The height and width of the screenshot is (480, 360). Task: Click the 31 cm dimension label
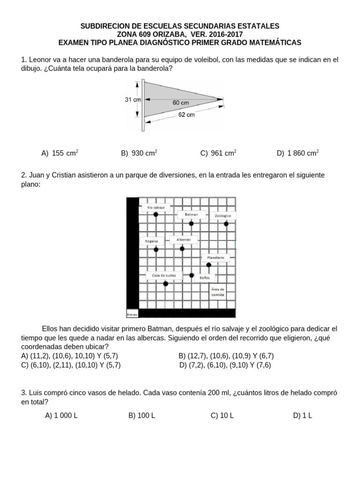(x=133, y=99)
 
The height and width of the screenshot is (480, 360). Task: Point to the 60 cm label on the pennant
(x=180, y=102)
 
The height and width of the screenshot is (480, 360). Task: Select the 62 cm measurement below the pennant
(x=186, y=114)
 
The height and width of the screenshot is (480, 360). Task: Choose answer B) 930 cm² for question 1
(x=139, y=153)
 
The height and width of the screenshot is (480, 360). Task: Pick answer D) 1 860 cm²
(x=298, y=153)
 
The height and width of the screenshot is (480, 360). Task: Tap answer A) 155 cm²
(x=60, y=153)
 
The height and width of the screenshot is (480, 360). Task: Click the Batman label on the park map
(x=191, y=214)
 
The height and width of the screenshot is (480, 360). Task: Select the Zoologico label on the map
(x=223, y=216)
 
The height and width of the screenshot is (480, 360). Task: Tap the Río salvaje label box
(x=156, y=207)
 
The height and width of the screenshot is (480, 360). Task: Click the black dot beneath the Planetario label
(x=209, y=265)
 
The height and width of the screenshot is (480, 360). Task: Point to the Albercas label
(x=183, y=240)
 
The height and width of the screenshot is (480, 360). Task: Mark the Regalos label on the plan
(x=152, y=241)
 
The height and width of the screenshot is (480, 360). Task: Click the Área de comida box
(x=218, y=292)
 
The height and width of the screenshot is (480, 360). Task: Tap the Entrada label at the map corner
(x=132, y=314)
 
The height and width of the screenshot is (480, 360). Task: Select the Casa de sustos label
(x=164, y=276)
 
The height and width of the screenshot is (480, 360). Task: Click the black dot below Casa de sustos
(x=165, y=283)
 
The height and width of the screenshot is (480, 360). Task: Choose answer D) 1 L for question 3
(x=302, y=415)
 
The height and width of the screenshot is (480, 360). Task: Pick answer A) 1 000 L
(x=61, y=415)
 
